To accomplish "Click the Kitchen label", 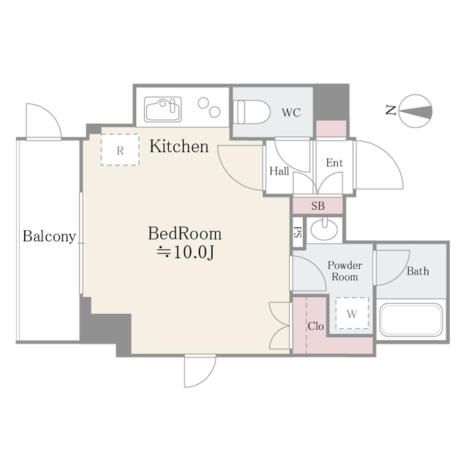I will click(x=179, y=146).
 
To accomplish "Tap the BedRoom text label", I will click(x=185, y=234).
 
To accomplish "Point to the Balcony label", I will click(x=49, y=237).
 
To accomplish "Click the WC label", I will click(x=291, y=113).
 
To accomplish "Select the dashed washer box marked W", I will click(x=351, y=314).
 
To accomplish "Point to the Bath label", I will click(x=418, y=272).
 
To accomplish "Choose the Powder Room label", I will click(x=344, y=271).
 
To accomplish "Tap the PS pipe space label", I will click(x=297, y=233).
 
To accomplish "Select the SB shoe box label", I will click(x=318, y=205).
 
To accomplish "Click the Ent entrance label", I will click(x=333, y=163).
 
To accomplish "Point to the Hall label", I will click(x=279, y=172).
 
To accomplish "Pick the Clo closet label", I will click(x=315, y=325).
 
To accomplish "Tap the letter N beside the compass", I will click(x=391, y=111).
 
